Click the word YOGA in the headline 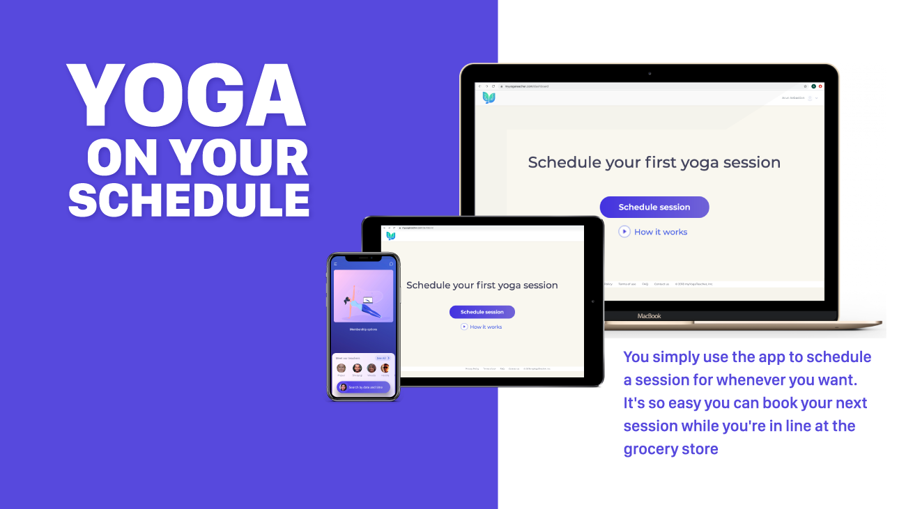(187, 96)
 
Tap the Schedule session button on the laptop (654, 207)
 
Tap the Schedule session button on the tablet (482, 312)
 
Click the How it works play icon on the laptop (624, 232)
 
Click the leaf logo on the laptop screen (489, 98)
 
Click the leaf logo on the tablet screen (390, 236)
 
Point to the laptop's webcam (650, 73)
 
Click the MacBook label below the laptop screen (648, 316)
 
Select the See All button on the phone (383, 358)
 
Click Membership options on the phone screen (362, 329)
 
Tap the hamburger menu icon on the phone (335, 264)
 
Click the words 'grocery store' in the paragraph (670, 448)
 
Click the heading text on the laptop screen (654, 162)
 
